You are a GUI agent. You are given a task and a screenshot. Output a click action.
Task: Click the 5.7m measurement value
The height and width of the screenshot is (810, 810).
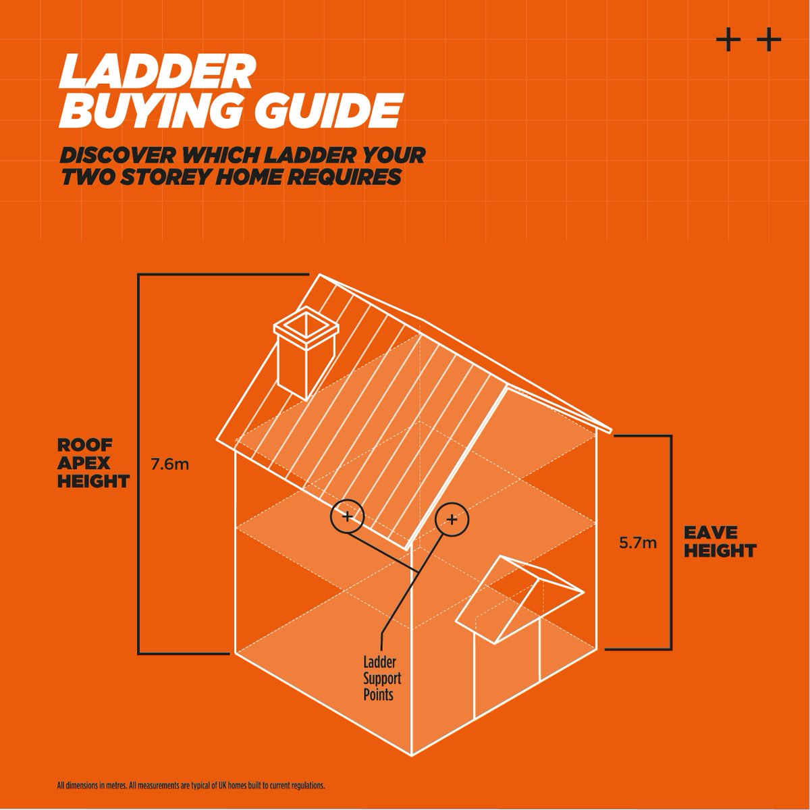(x=637, y=541)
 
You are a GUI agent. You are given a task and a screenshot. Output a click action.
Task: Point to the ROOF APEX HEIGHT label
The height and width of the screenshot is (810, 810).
(x=92, y=464)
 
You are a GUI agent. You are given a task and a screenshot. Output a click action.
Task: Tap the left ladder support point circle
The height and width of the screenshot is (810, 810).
(x=347, y=517)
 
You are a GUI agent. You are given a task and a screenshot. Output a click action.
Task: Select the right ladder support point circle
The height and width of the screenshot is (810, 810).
(x=452, y=518)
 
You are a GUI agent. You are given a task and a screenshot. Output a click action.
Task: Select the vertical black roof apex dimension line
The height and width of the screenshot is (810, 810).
(x=139, y=464)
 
